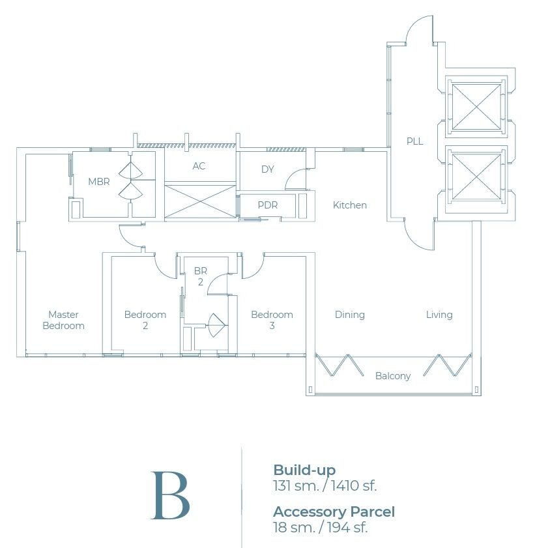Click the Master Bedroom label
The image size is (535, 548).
(63, 320)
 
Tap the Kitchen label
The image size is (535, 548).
(350, 205)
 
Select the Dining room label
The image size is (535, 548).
(350, 315)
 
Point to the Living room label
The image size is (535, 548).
(439, 315)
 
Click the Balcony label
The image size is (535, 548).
(393, 376)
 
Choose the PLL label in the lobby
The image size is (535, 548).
(415, 141)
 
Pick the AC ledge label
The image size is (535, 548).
(199, 166)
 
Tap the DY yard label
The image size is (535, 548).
(268, 169)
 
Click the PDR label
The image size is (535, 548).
(268, 205)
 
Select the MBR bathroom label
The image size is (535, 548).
(99, 181)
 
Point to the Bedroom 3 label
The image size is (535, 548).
(272, 320)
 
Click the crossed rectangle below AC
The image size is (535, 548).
(199, 202)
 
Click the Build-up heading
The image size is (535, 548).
(304, 470)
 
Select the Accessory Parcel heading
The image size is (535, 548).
(334, 512)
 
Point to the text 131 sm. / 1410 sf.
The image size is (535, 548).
(325, 485)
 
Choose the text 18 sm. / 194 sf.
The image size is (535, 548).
(320, 527)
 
